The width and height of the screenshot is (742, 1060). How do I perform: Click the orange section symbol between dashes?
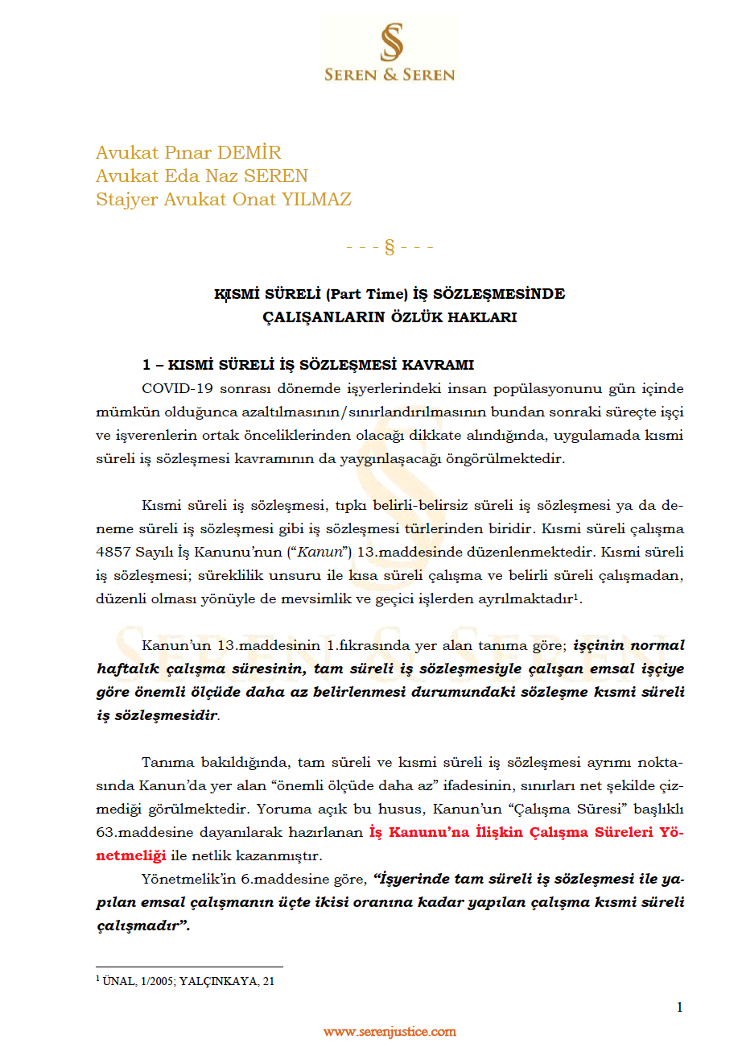click(x=390, y=246)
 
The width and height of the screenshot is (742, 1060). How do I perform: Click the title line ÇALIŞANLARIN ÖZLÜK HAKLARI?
click(x=390, y=317)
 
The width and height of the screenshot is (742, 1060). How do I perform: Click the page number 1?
click(x=680, y=1007)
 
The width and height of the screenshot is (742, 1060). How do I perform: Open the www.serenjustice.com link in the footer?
click(x=390, y=1032)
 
